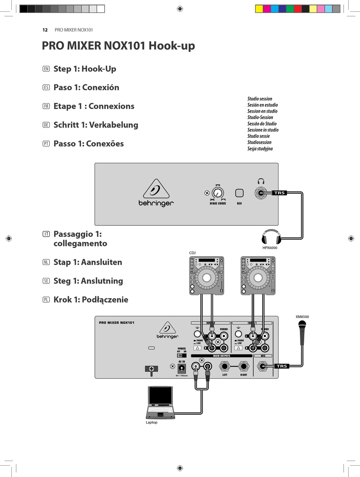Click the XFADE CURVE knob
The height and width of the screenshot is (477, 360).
pyautogui.click(x=218, y=192)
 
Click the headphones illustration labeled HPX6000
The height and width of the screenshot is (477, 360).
pyautogui.click(x=271, y=237)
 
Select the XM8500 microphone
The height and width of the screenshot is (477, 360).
pyautogui.click(x=302, y=332)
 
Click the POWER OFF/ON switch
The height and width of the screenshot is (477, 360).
pyautogui.click(x=182, y=356)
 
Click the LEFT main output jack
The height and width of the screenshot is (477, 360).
pyautogui.click(x=225, y=367)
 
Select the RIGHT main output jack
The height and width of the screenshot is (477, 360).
pyautogui.click(x=244, y=367)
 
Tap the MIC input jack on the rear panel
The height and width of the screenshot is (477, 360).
pyautogui.click(x=262, y=366)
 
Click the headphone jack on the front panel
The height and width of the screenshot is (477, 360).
pyautogui.click(x=260, y=193)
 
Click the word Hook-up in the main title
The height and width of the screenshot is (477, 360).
pyautogui.click(x=172, y=46)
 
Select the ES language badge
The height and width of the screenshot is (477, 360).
pyautogui.click(x=46, y=88)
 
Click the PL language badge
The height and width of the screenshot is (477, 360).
pyautogui.click(x=46, y=300)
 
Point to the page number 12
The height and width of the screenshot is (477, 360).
pyautogui.click(x=45, y=30)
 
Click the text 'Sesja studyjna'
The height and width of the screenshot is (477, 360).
pyautogui.click(x=260, y=149)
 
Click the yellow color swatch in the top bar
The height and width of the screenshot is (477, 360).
pyautogui.click(x=259, y=9)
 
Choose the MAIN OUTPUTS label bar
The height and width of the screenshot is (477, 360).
pyautogui.click(x=221, y=356)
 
